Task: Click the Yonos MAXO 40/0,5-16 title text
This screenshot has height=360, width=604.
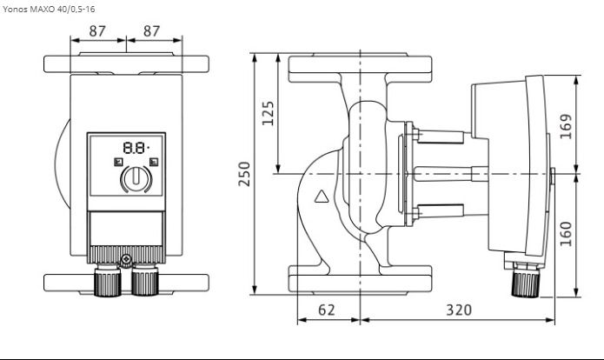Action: click(49, 9)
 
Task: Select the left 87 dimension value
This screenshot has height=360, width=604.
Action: click(97, 31)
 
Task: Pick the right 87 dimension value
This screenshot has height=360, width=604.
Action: click(151, 31)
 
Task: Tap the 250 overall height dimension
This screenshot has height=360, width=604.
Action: click(244, 174)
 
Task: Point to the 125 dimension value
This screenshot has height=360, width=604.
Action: click(268, 113)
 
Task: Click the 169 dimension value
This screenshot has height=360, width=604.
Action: click(566, 126)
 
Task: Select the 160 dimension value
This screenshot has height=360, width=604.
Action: click(566, 234)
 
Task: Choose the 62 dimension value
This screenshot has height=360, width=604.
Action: click(327, 310)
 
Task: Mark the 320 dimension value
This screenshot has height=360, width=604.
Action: click(459, 310)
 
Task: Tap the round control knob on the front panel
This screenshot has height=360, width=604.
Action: click(136, 179)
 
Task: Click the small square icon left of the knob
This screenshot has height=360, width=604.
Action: click(118, 162)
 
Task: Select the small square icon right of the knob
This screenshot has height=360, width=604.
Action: click(154, 162)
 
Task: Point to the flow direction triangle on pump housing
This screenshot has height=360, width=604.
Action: click(322, 197)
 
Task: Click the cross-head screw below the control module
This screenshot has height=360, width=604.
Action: click(126, 259)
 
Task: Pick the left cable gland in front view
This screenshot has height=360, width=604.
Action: click(108, 280)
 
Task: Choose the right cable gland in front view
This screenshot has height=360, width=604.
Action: click(145, 280)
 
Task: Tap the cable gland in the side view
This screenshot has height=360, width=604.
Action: click(526, 281)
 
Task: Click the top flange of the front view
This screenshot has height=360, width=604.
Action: click(126, 63)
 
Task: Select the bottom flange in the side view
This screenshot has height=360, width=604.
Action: click(360, 278)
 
